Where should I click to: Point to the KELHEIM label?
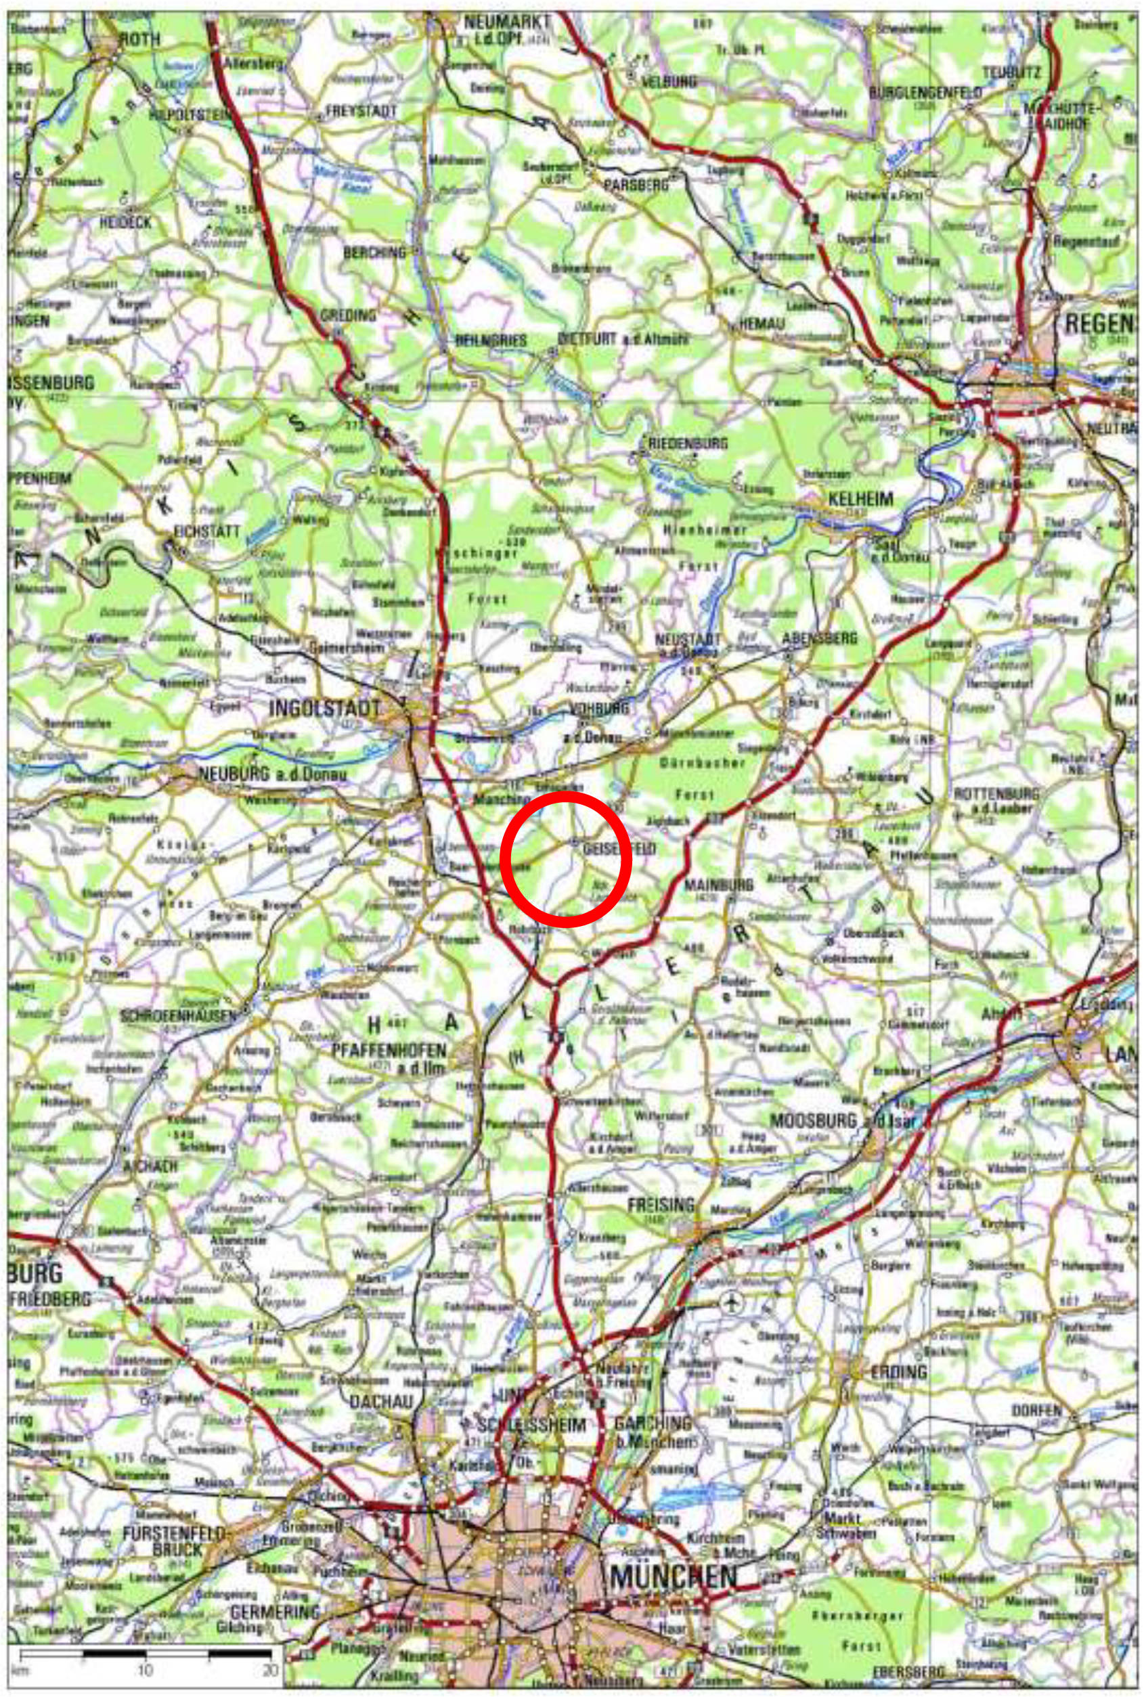click(x=850, y=500)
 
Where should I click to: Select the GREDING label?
click(x=348, y=315)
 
